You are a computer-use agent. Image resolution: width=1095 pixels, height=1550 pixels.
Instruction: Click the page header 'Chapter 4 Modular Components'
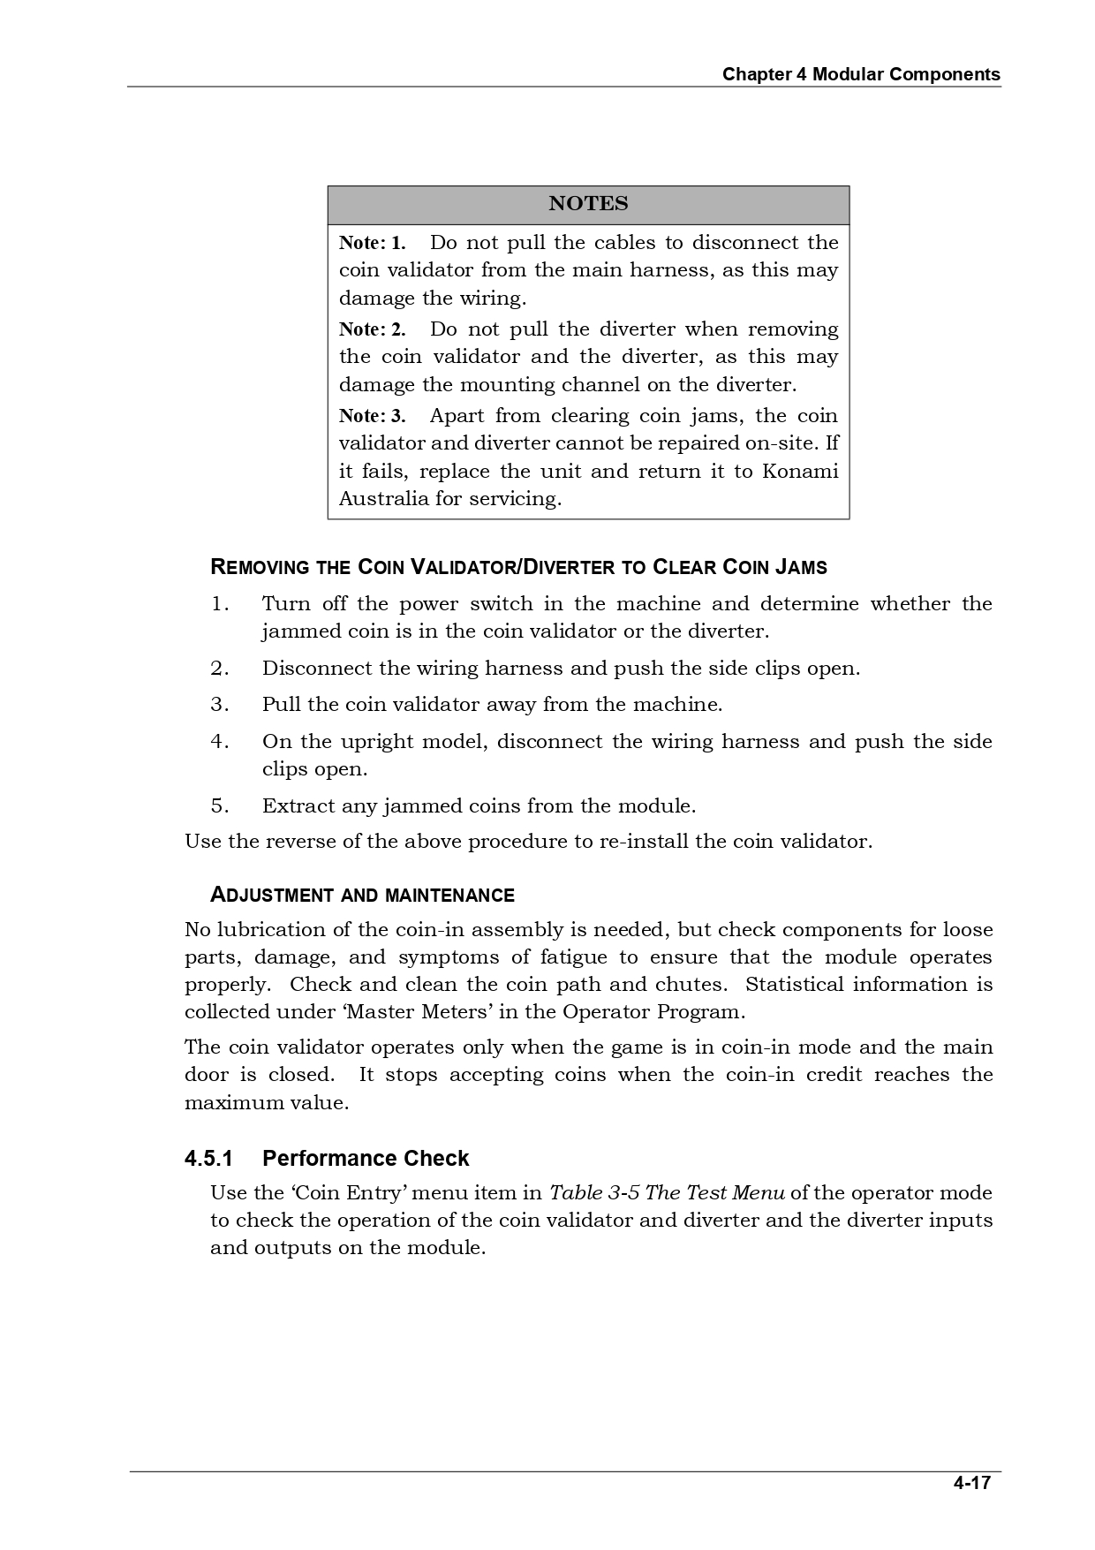point(861,74)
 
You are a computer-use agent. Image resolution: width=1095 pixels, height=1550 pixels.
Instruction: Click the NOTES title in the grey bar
point(588,204)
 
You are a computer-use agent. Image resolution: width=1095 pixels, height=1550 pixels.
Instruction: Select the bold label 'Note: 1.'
point(372,243)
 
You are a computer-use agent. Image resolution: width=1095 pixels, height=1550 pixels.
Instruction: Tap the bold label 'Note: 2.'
point(372,329)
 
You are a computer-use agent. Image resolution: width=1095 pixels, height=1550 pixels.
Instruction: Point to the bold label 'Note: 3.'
point(372,416)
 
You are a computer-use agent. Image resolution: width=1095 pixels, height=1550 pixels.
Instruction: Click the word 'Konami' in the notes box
point(799,471)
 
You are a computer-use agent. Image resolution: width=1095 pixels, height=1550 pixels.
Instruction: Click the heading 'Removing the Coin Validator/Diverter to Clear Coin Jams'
point(518,567)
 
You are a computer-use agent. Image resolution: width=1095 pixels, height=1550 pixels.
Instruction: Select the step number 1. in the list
point(220,604)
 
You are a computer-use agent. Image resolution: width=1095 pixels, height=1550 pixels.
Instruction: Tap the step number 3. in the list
point(220,705)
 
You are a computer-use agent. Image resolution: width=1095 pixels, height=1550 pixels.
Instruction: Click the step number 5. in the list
point(220,806)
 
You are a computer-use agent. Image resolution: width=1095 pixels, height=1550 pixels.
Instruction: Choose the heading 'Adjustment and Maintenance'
point(362,896)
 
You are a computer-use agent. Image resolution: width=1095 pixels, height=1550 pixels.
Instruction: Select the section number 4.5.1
point(208,1159)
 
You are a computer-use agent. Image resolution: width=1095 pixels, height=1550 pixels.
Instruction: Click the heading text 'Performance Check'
point(366,1159)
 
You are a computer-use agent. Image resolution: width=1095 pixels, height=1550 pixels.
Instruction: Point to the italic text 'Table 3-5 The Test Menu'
point(667,1193)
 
